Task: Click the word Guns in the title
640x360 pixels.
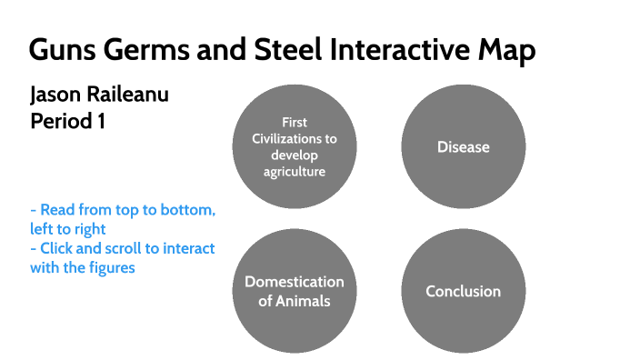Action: pos(60,50)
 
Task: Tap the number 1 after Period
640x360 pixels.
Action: pos(100,121)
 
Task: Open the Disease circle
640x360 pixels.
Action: pos(463,147)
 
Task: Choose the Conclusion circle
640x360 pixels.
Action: pos(463,291)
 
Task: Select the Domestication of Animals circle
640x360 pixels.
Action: pos(295,291)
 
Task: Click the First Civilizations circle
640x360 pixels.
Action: pos(295,147)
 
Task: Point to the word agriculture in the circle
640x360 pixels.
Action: pos(295,171)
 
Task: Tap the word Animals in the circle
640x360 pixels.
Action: pos(295,301)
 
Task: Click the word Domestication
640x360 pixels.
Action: pos(295,282)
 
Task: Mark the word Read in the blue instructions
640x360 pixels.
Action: pos(58,210)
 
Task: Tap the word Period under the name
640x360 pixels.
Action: pos(60,121)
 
